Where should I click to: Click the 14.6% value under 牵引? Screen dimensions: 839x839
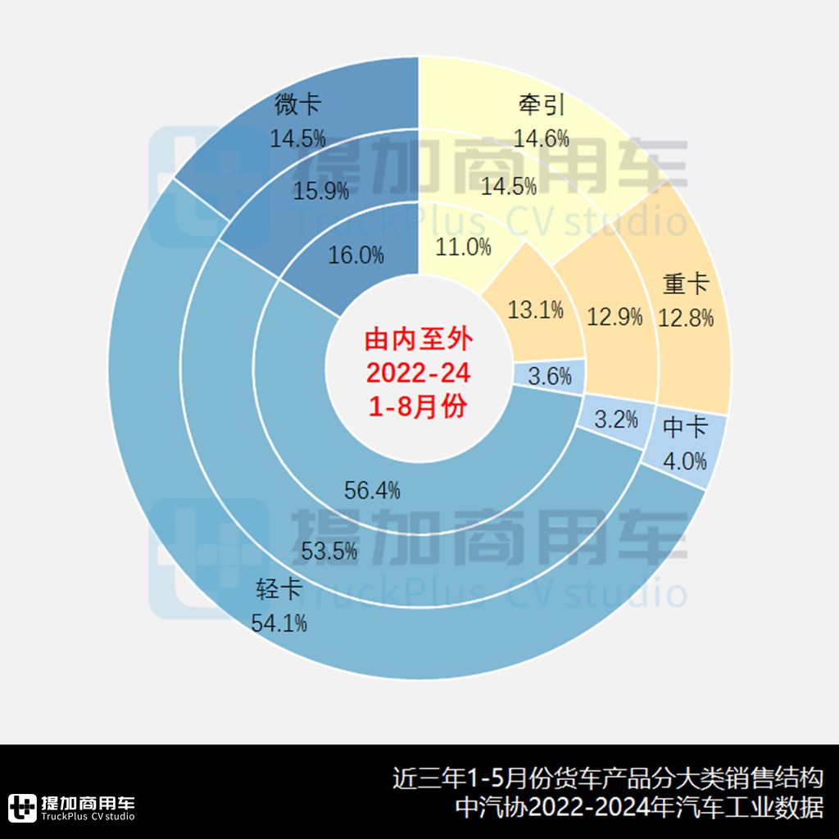(x=541, y=138)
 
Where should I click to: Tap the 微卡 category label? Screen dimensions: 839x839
(x=297, y=106)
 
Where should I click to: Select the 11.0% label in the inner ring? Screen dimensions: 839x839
(x=465, y=246)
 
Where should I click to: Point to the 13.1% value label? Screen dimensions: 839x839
(x=536, y=310)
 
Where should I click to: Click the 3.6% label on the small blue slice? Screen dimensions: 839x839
(x=549, y=377)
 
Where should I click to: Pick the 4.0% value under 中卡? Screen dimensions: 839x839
(x=684, y=460)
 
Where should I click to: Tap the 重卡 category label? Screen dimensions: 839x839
(x=686, y=284)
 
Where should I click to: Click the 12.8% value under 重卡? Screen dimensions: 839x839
(x=686, y=317)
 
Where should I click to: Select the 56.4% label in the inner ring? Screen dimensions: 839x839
(x=373, y=491)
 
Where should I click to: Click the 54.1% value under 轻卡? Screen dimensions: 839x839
(x=279, y=623)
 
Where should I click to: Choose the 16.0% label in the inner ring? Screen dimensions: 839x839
(x=356, y=255)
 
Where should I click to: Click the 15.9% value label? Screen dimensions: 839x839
(x=321, y=191)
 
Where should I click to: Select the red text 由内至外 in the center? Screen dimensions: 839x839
(x=418, y=338)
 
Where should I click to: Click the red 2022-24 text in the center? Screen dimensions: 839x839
(x=418, y=373)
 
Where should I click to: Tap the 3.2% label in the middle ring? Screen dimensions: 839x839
(x=615, y=420)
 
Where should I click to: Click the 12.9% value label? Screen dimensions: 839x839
(x=615, y=317)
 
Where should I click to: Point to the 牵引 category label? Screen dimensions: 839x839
(x=542, y=105)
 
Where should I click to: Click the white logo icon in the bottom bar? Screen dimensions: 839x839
(x=22, y=808)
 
